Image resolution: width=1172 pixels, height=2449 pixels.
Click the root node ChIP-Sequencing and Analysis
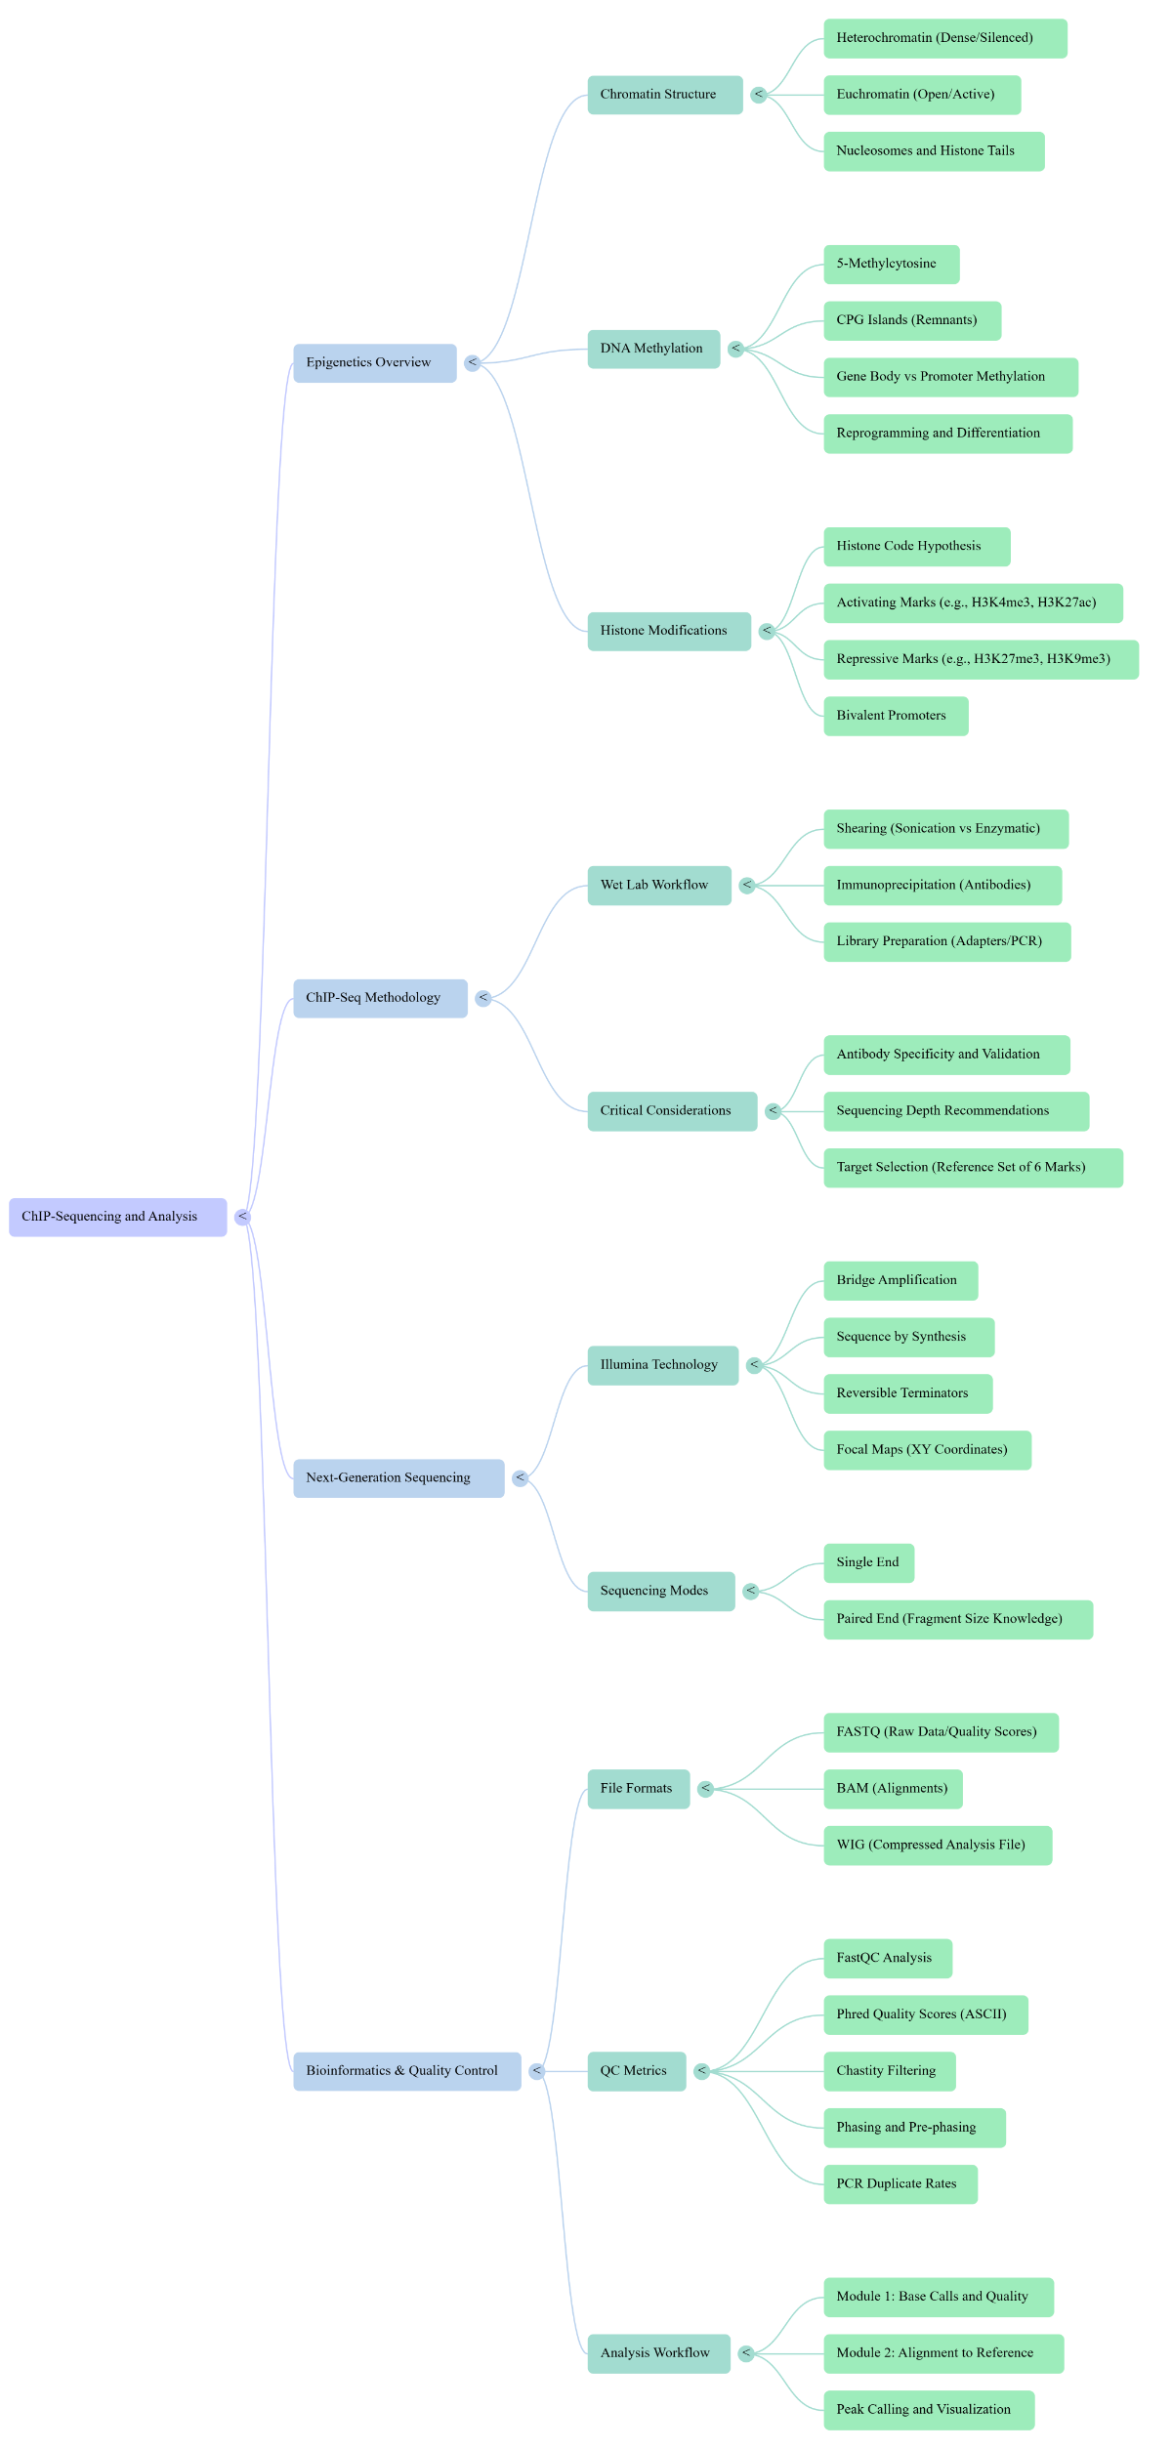[x=117, y=1217]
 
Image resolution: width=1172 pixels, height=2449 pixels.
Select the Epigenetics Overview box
[x=374, y=363]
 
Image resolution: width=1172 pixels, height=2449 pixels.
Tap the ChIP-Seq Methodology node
[x=380, y=998]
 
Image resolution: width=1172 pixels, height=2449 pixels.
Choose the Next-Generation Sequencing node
[x=398, y=1478]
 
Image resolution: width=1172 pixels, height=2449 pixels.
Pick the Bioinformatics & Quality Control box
[x=406, y=2071]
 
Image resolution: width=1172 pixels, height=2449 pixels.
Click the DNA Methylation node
[x=652, y=349]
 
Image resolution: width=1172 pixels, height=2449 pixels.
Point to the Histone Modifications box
[x=668, y=631]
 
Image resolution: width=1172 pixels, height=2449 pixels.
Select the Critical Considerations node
[x=671, y=1111]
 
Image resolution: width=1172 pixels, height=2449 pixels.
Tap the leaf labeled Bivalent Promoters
[x=895, y=716]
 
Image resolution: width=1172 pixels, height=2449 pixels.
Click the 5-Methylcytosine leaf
[x=891, y=265]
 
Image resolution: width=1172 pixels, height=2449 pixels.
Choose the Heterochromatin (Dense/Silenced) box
[x=944, y=38]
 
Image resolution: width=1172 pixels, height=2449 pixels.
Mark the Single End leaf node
[x=868, y=1562]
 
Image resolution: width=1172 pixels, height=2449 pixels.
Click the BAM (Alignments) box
[x=892, y=1789]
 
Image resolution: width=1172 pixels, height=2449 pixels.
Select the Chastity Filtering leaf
[x=889, y=2071]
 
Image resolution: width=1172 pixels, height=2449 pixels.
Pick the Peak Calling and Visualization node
[x=928, y=2410]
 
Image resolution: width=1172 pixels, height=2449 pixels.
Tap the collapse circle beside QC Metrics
[x=702, y=2071]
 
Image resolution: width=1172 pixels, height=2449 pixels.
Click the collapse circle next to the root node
[x=243, y=1217]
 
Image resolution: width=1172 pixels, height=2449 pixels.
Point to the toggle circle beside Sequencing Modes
[x=751, y=1592]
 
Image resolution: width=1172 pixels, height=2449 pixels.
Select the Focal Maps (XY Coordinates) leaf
[x=926, y=1450]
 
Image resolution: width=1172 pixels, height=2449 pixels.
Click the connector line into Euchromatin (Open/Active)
[x=796, y=95]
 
